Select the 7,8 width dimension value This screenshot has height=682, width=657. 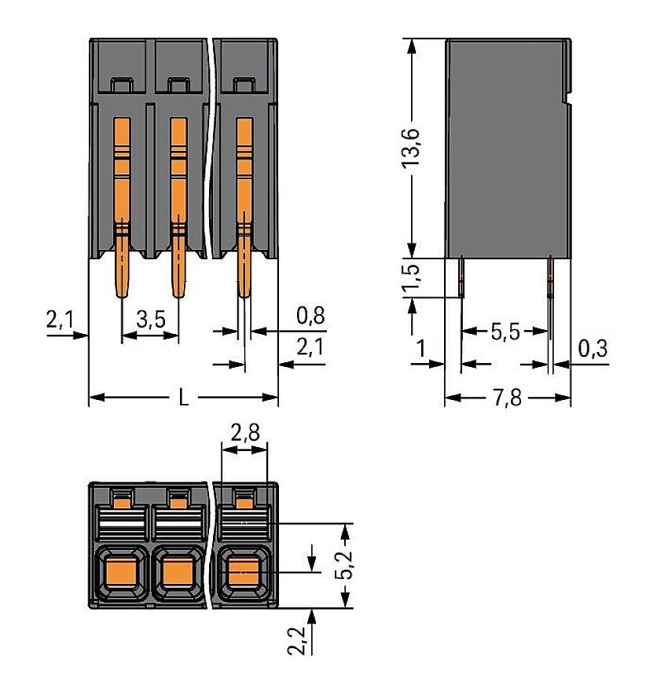pos(507,398)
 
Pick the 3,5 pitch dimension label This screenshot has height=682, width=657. pos(150,320)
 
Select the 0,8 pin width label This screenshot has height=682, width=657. pos(311,316)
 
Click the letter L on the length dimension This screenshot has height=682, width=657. pos(183,398)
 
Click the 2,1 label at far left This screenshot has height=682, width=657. pos(60,320)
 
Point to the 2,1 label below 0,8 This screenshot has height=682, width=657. pos(311,346)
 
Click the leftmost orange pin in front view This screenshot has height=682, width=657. pos(123,204)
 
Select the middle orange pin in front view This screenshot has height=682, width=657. pos(178,204)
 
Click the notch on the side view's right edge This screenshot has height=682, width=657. pos(567,101)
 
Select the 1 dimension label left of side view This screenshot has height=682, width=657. pos(421,346)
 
